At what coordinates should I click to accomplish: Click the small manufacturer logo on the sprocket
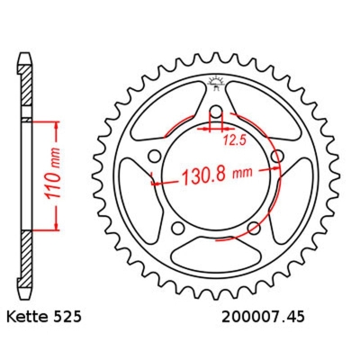pos(216,85)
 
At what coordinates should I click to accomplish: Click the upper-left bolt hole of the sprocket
pos(155,158)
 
